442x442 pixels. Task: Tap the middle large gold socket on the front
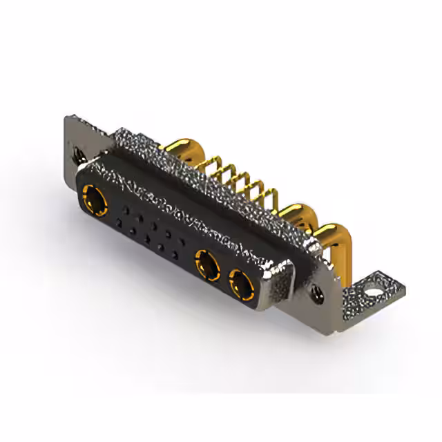click(206, 263)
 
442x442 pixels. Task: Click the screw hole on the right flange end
click(319, 293)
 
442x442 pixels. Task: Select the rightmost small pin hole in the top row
click(185, 242)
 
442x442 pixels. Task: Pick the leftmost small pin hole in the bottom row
click(121, 222)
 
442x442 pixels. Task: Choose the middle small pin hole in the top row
click(155, 224)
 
